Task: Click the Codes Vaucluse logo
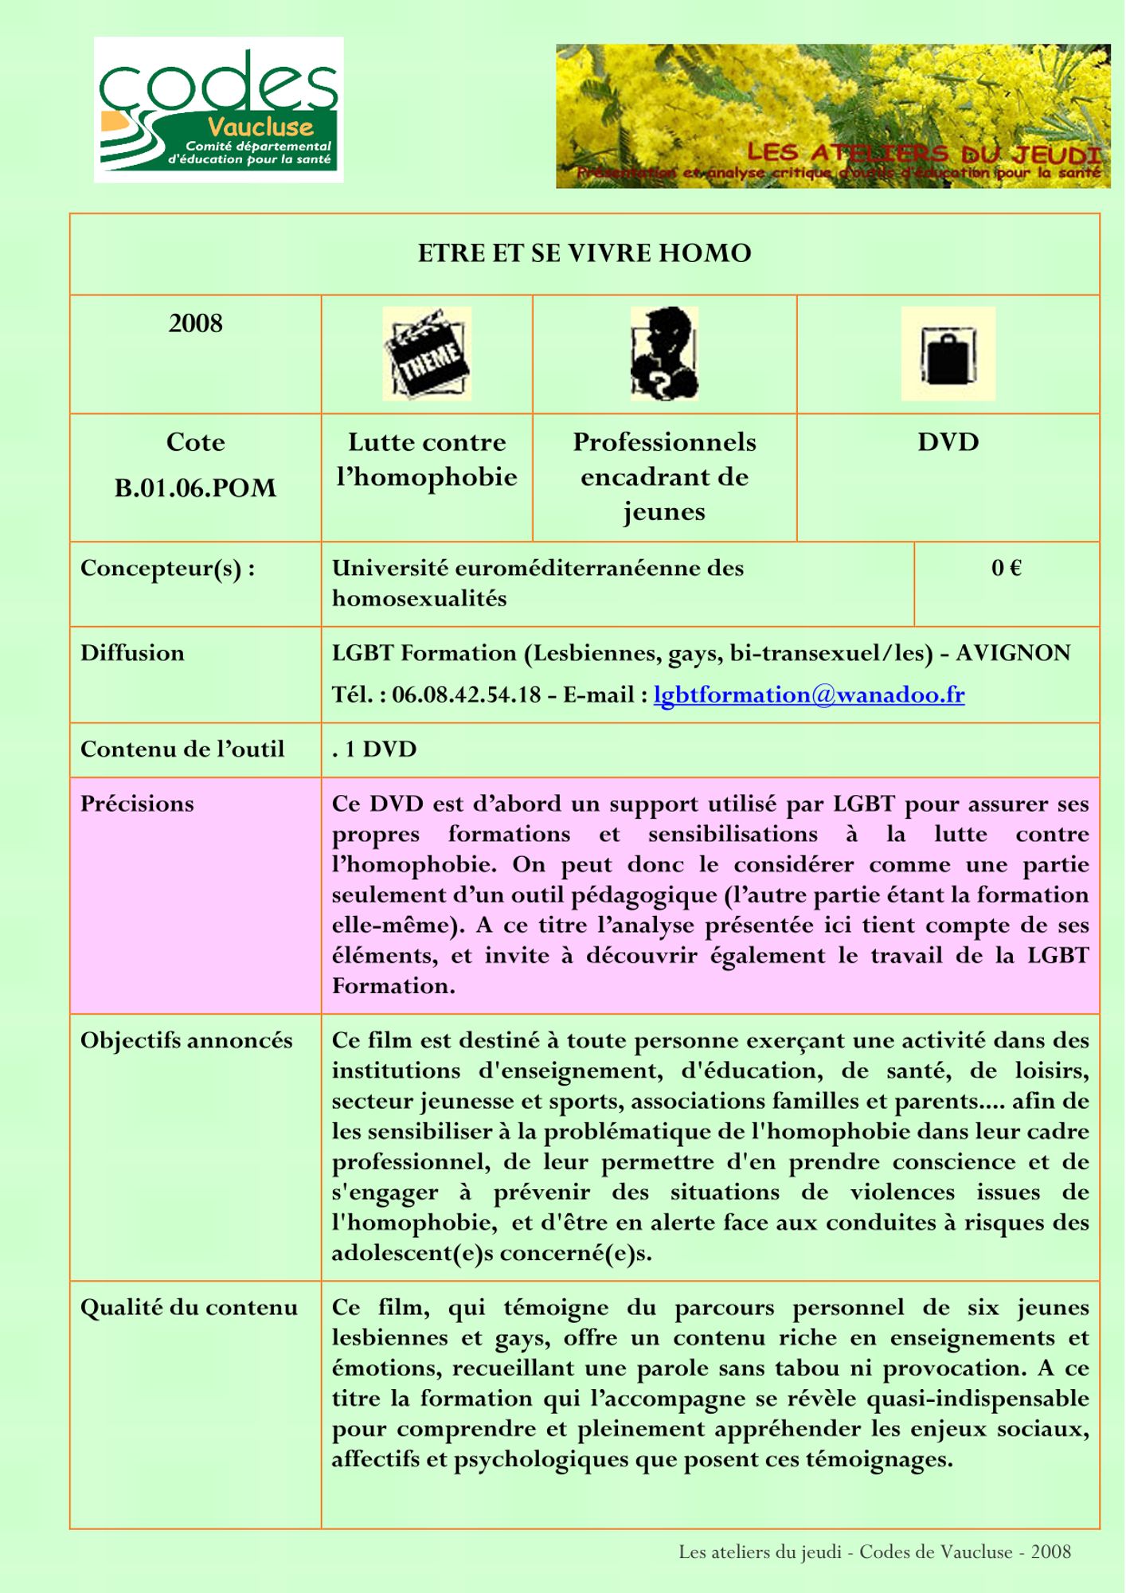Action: [218, 110]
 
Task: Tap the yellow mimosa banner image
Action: [832, 116]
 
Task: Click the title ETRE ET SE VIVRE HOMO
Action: [585, 253]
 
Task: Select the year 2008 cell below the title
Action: [195, 323]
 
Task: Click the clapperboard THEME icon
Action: [427, 354]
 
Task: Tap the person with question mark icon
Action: [664, 354]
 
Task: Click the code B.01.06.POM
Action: [195, 487]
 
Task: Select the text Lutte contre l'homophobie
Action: [427, 460]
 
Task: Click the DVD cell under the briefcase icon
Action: [948, 442]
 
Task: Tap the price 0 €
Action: [1007, 568]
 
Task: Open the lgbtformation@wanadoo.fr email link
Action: [809, 695]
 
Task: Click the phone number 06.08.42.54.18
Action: [466, 695]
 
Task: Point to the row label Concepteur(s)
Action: [167, 568]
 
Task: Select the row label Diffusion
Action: [132, 653]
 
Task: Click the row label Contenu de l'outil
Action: [182, 750]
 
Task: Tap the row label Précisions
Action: [137, 804]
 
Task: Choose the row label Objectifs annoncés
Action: [186, 1040]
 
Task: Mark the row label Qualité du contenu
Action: [189, 1308]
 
